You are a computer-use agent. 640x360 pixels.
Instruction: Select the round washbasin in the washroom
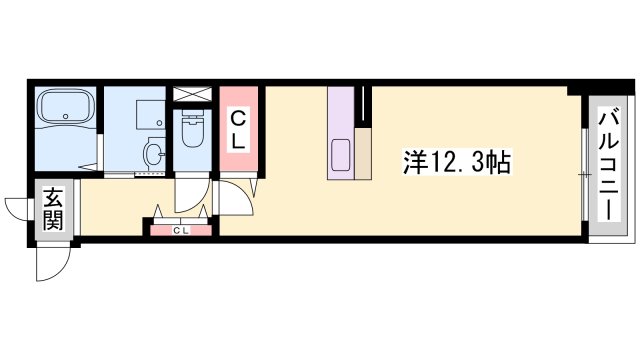153,154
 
